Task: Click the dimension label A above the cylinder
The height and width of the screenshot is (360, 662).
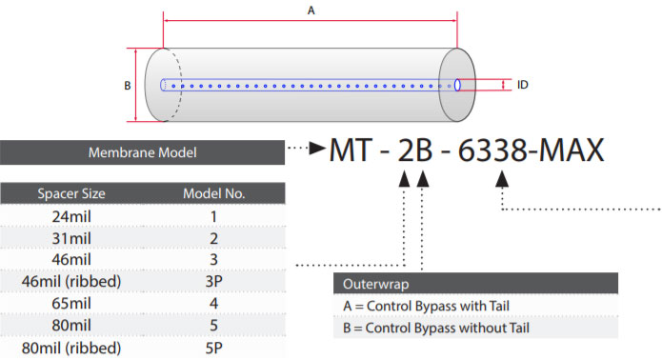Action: [x=311, y=10]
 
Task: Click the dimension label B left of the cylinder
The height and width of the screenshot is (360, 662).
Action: [x=128, y=86]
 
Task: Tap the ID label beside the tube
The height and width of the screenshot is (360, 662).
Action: [x=523, y=85]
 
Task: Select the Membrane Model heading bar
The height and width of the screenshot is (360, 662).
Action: [x=142, y=152]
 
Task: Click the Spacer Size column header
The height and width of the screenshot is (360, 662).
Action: [x=71, y=193]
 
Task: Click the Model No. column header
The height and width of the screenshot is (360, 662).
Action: [x=214, y=193]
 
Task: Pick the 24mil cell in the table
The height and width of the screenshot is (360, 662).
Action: [x=71, y=216]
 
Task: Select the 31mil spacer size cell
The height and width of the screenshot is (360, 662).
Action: [x=71, y=238]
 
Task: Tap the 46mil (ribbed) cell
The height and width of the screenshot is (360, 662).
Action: [x=71, y=282]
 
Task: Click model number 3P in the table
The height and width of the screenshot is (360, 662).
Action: [x=214, y=282]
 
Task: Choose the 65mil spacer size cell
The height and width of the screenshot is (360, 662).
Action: [x=71, y=304]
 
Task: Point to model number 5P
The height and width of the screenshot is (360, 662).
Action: [x=214, y=349]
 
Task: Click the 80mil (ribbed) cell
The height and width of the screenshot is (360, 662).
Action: [x=71, y=349]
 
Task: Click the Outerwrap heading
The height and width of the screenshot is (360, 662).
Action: [x=375, y=284]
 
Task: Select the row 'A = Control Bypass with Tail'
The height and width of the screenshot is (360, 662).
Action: [x=427, y=306]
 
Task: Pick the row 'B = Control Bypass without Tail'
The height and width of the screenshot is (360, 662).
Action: [x=436, y=328]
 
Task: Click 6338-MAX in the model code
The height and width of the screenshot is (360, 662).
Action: [x=532, y=150]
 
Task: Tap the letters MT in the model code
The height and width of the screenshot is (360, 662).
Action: [x=351, y=150]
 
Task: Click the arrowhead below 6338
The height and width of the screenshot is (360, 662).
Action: [x=502, y=178]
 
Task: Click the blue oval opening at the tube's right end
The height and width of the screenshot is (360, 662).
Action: [x=457, y=85]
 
